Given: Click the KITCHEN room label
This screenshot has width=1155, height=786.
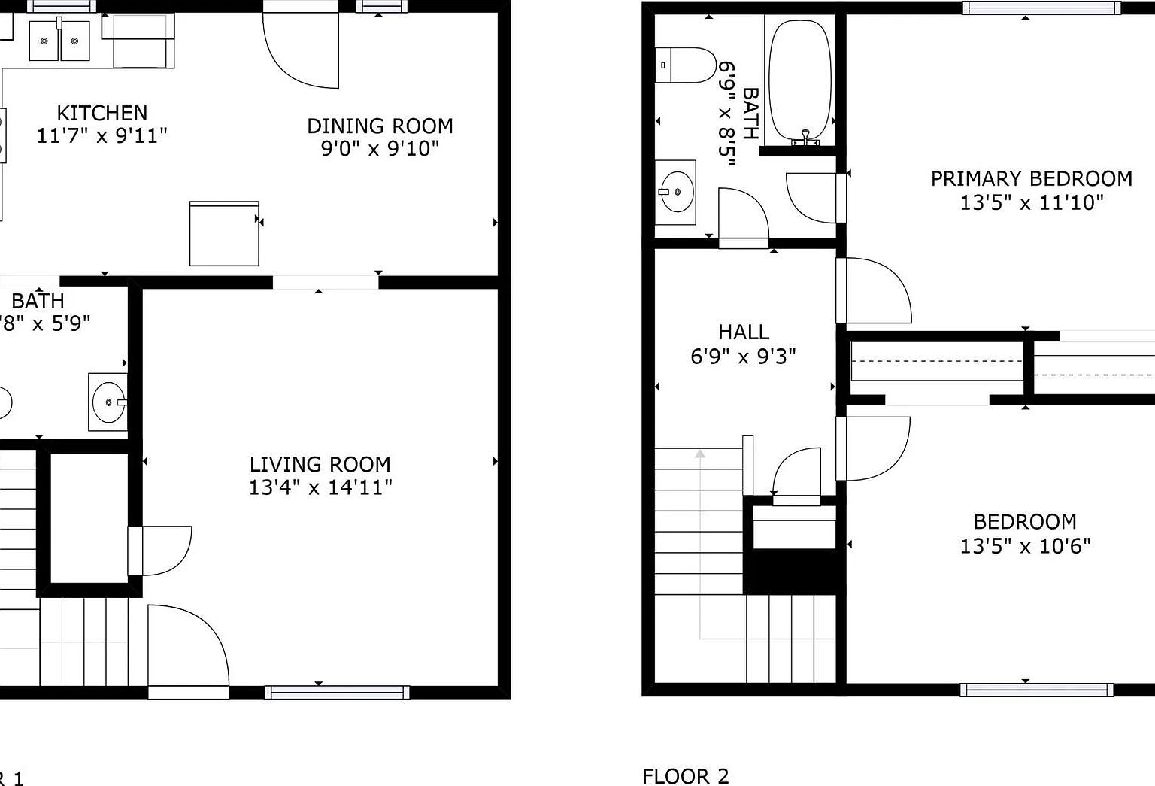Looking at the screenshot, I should (102, 113).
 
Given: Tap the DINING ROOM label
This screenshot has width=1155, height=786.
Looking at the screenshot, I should (380, 126).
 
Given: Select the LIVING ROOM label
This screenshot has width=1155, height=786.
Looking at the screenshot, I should (320, 464).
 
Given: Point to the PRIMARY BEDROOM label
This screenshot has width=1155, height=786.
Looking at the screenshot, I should (1031, 179).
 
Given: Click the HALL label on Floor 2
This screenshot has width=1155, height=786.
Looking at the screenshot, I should (743, 332).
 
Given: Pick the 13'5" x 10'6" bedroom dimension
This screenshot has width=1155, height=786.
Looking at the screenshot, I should (1025, 545).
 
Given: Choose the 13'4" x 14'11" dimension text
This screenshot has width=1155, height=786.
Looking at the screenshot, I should (320, 487).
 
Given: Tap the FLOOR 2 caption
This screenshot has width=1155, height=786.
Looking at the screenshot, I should (685, 775).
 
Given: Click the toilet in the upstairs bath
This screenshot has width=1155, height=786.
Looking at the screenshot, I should (685, 65).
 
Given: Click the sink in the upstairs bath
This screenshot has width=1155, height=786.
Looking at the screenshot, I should (676, 192).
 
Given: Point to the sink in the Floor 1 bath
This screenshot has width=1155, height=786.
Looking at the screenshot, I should (108, 402).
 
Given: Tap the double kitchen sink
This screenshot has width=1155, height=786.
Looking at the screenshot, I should (59, 41).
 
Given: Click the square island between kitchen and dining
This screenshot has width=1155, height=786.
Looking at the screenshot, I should (224, 233).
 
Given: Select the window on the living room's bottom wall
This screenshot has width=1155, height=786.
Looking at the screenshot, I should (337, 692).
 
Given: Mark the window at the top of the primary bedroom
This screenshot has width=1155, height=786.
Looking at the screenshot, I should (1041, 8).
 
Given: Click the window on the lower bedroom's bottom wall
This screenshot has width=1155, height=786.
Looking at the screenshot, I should (1036, 690).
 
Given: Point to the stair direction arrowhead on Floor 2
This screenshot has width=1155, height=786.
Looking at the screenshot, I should (700, 454).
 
